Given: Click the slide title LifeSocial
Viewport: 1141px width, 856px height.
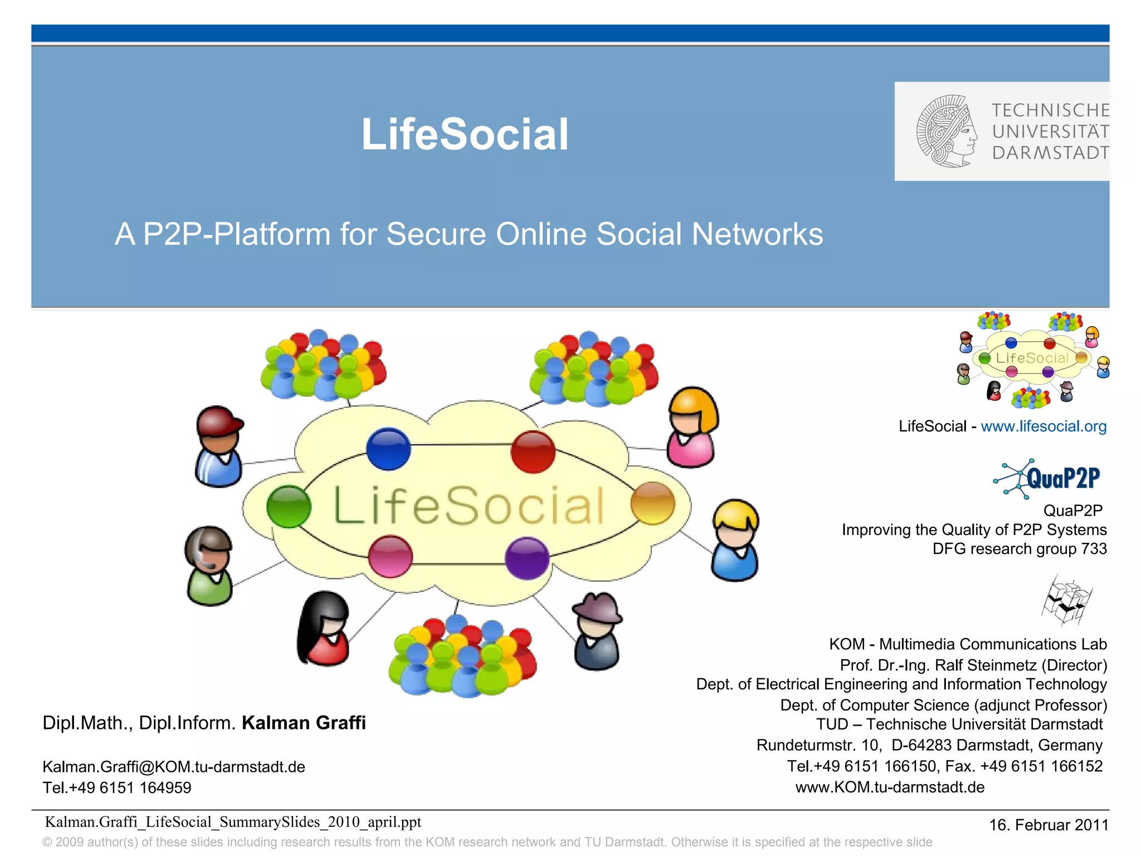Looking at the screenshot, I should (465, 134).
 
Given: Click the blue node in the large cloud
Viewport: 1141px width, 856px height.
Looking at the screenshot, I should (388, 449).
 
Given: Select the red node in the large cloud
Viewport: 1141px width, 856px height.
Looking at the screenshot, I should (533, 451).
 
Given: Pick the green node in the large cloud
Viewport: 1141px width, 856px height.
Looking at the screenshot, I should (289, 506).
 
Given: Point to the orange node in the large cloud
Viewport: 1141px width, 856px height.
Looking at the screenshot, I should (652, 503).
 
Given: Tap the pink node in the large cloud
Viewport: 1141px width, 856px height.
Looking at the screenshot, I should (391, 556).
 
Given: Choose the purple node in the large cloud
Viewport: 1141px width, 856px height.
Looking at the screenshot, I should (527, 558).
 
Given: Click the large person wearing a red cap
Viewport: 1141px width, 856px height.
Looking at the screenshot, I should (219, 446).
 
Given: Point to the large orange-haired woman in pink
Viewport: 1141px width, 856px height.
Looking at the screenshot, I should (693, 427).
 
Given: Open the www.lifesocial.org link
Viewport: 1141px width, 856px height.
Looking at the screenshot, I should (1044, 426).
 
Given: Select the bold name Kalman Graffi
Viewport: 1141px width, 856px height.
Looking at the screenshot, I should (304, 723).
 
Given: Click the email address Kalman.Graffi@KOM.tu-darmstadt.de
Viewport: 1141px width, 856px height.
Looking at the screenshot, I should (174, 767).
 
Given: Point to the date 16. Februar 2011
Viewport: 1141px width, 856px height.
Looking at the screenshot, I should (1049, 825).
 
